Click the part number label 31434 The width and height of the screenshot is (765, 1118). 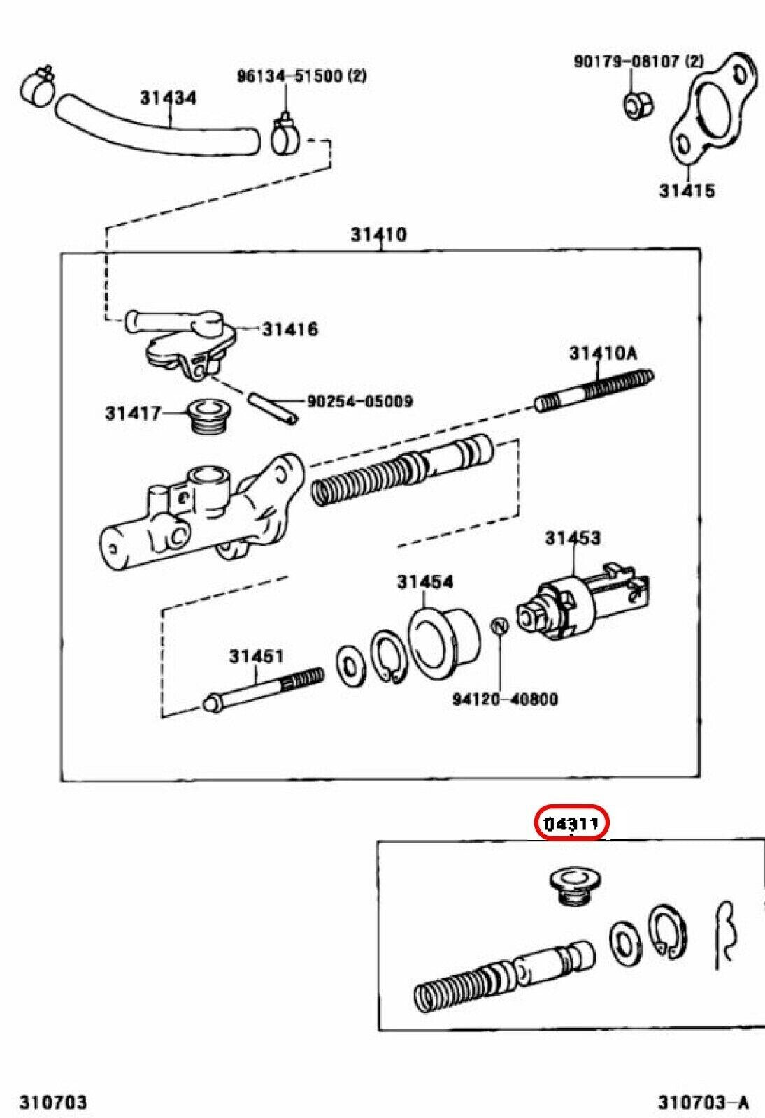168,98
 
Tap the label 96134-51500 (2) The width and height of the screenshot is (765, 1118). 301,75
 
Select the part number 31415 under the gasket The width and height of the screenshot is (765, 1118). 687,190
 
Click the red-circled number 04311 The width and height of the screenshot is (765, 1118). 572,825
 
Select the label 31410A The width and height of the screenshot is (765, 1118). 603,354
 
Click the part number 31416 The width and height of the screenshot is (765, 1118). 289,328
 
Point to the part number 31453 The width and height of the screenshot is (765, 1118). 573,538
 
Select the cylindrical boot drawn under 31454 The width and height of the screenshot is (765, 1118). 444,633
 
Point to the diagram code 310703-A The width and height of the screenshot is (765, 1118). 702,1103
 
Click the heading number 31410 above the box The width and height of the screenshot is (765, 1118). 378,234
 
